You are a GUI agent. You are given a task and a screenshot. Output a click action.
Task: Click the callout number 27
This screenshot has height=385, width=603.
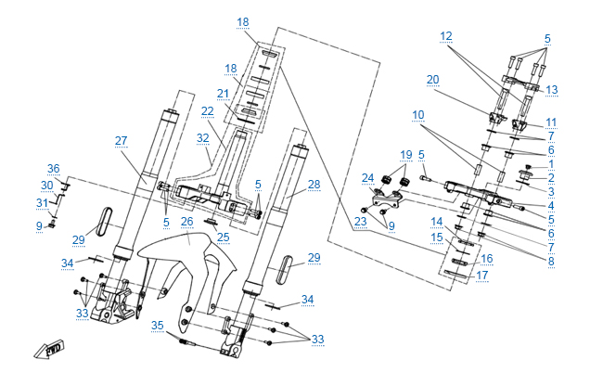click(x=121, y=140)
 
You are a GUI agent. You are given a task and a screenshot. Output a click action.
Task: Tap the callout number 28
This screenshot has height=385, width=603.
click(x=314, y=185)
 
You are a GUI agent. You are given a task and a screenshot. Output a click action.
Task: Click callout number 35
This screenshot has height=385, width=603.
click(x=158, y=325)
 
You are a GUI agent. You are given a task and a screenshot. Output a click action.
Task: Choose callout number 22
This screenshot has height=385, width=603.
click(x=207, y=110)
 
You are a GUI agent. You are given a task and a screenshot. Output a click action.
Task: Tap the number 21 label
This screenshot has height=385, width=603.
click(x=223, y=93)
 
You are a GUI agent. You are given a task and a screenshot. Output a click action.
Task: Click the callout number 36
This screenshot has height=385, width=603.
click(x=54, y=168)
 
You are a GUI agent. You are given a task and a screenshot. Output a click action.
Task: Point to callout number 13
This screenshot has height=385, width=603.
click(x=552, y=89)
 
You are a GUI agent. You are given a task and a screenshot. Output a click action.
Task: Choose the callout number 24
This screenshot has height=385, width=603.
click(x=367, y=178)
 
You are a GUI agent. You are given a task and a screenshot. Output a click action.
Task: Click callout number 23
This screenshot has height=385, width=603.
click(x=360, y=223)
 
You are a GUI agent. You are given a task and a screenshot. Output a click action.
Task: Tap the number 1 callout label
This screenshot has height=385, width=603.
click(x=550, y=164)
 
